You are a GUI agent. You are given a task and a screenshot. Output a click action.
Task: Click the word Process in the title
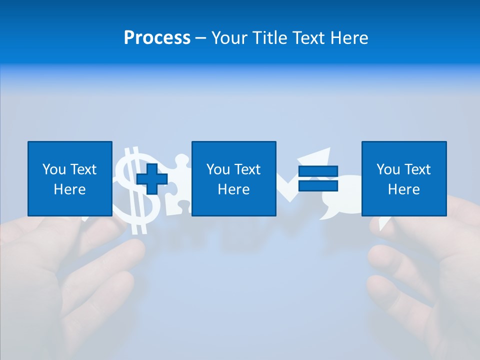157,38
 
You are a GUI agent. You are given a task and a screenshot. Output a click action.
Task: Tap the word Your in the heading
229,38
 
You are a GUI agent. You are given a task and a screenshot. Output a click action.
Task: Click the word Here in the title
347,38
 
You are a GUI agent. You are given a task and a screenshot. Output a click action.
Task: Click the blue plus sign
152,179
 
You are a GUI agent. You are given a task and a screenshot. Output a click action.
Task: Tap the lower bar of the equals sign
318,185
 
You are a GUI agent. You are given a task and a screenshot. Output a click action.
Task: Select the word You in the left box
54,169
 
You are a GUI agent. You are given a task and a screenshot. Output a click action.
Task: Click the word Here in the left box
69,189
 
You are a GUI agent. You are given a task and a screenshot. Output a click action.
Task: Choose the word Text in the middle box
247,169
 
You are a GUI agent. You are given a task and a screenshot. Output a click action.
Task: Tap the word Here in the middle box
233,189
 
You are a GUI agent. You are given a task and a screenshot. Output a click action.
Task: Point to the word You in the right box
388,169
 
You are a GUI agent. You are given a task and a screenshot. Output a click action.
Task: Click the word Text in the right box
417,169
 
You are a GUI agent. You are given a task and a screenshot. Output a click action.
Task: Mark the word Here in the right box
403,189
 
